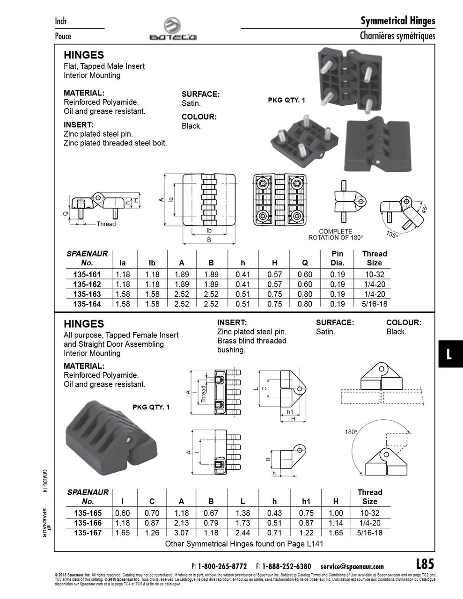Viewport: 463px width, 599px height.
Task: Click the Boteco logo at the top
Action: (173, 29)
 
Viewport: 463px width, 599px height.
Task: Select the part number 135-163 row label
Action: (87, 294)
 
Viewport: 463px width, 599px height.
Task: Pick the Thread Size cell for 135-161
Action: (374, 275)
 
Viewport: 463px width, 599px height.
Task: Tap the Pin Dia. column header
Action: (337, 258)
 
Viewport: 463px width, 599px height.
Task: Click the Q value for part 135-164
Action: (304, 304)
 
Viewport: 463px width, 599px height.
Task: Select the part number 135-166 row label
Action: (88, 523)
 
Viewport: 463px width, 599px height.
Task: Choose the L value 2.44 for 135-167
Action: (243, 533)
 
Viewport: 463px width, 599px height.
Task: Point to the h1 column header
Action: (306, 501)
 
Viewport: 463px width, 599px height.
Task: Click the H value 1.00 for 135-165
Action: (336, 513)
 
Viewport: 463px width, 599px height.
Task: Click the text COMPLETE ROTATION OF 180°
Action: (335, 234)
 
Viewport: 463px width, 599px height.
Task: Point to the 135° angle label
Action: (392, 234)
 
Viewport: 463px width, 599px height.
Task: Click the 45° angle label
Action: (424, 209)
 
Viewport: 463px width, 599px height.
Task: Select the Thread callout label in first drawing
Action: (106, 224)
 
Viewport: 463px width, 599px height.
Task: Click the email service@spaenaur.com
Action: (352, 566)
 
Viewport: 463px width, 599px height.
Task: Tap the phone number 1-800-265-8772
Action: (222, 566)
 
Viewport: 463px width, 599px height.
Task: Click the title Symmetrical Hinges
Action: (397, 21)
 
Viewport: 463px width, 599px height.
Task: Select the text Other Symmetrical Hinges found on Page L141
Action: (244, 544)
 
